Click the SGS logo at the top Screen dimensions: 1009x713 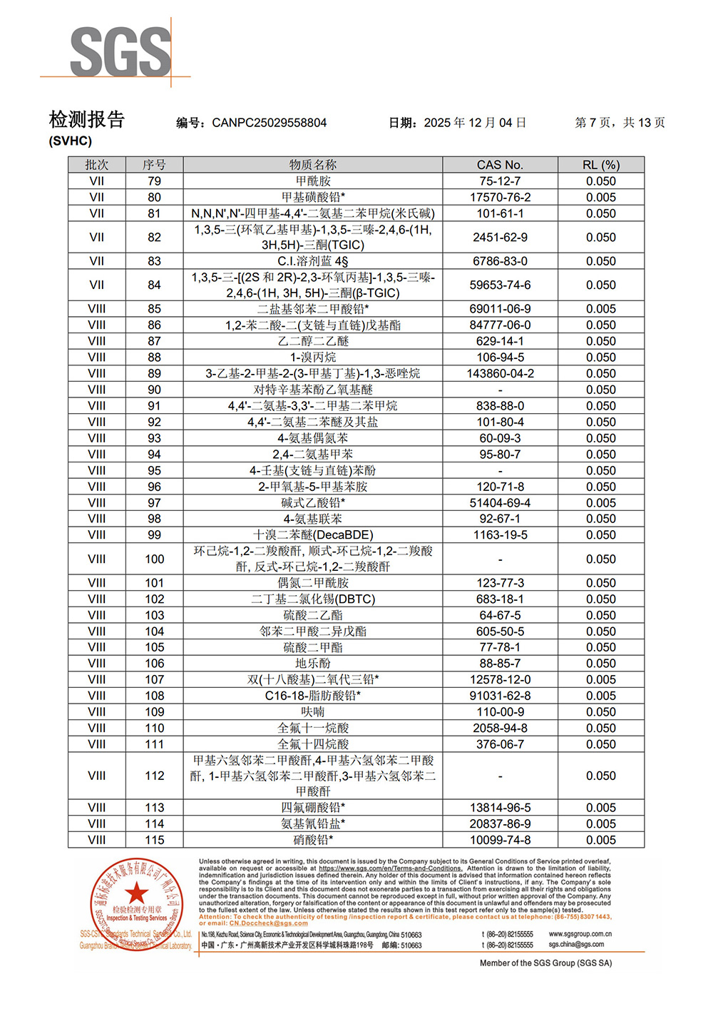pyautogui.click(x=120, y=51)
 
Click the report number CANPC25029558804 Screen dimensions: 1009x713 pyautogui.click(x=269, y=123)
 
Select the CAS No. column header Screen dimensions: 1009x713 pyautogui.click(x=500, y=165)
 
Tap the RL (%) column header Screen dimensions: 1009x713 pyautogui.click(x=601, y=165)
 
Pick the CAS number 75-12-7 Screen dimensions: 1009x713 pyautogui.click(x=500, y=181)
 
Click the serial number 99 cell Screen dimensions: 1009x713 pyautogui.click(x=154, y=535)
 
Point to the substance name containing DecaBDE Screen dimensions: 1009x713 pyautogui.click(x=313, y=535)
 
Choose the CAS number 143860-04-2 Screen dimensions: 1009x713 pyautogui.click(x=500, y=373)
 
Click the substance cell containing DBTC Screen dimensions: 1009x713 pyautogui.click(x=313, y=599)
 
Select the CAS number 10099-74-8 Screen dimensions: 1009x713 pyautogui.click(x=500, y=840)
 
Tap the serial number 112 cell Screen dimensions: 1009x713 pyautogui.click(x=154, y=776)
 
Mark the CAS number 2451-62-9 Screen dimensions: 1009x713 pyautogui.click(x=500, y=237)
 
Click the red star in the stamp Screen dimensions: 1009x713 pyautogui.click(x=135, y=893)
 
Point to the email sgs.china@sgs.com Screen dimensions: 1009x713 pyautogui.click(x=576, y=945)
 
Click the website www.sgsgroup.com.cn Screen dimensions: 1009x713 pyautogui.click(x=580, y=934)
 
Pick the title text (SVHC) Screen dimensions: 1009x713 pyautogui.click(x=71, y=141)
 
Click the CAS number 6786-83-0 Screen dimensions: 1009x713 pyautogui.click(x=500, y=261)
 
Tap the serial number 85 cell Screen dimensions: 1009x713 pyautogui.click(x=154, y=309)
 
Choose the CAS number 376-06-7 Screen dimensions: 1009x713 pyautogui.click(x=500, y=744)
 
